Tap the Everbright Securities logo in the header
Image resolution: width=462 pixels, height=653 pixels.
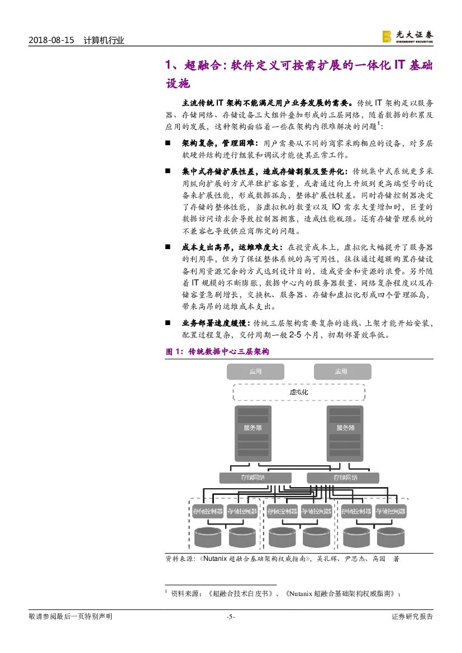point(407,36)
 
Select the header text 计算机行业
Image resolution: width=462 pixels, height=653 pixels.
point(103,40)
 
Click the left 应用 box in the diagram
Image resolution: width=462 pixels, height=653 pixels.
point(255,371)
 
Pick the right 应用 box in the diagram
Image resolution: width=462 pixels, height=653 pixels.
point(341,371)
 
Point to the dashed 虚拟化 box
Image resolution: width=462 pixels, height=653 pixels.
point(298,392)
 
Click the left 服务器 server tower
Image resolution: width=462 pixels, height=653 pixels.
point(253,433)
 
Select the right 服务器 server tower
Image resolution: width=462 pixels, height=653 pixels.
point(345,433)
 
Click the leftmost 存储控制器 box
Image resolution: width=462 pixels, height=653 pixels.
point(208,511)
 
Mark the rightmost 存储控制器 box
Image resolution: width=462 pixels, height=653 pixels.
point(390,511)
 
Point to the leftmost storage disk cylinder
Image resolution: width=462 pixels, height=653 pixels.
point(208,537)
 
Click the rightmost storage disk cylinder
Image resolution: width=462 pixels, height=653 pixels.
point(390,537)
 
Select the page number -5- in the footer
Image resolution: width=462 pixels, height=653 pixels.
point(231,617)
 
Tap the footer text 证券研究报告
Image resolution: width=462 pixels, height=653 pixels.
point(412,617)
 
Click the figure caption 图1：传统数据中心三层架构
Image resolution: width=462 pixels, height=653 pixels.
point(217,352)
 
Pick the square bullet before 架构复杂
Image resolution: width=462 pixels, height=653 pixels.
point(168,144)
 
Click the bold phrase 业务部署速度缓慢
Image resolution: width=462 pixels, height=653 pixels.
point(217,323)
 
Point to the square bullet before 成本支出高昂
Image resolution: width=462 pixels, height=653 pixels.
point(168,246)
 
